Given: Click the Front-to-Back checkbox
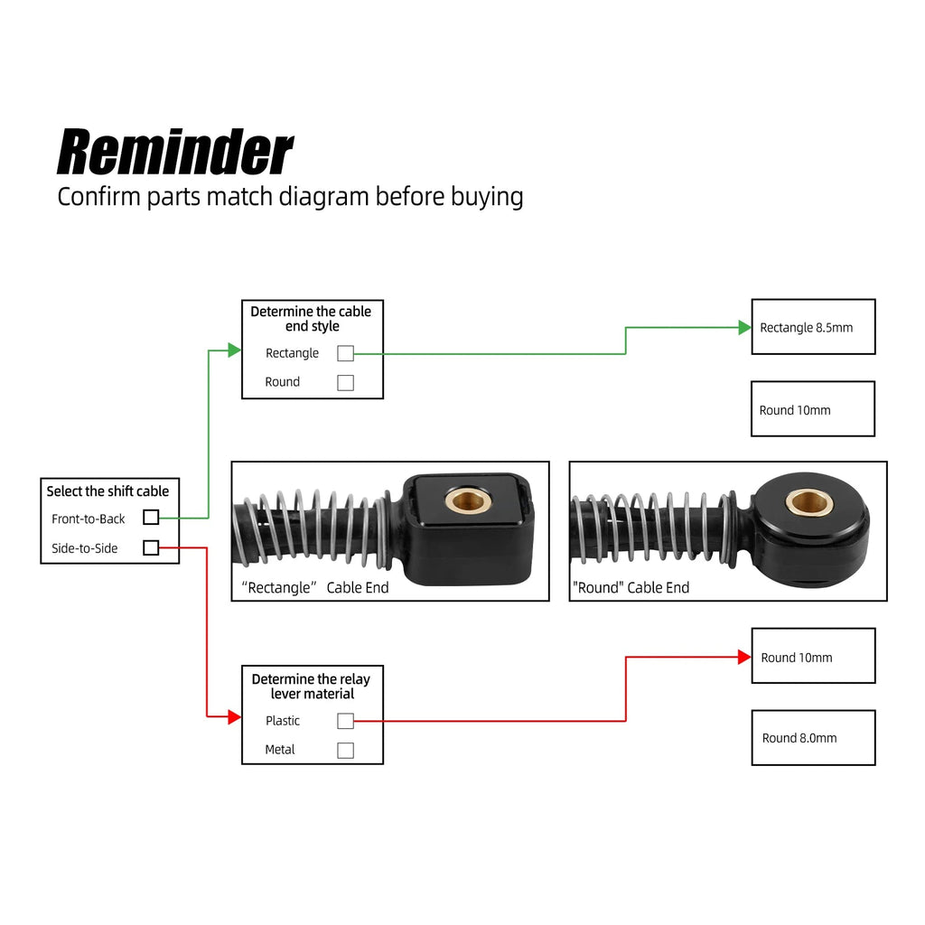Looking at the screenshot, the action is [151, 518].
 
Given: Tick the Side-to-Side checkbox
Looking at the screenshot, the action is [151, 547].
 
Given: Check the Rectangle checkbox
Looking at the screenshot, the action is [346, 353].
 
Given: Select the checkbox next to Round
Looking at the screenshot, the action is [346, 383].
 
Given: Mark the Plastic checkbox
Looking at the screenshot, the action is [346, 721].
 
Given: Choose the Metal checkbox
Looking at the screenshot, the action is [346, 751].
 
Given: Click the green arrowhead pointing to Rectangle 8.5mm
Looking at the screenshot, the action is [744, 327].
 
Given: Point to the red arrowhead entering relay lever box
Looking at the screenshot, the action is [234, 716].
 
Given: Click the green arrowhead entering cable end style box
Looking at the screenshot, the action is [234, 350].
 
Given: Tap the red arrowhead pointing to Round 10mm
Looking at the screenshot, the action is [744, 657].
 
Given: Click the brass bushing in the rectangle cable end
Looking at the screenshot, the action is [469, 500].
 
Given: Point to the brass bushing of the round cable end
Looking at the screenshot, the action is [809, 502].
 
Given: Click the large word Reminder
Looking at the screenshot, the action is [174, 152].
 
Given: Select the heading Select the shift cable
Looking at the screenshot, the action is [108, 491].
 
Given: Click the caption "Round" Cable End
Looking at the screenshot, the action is [631, 587].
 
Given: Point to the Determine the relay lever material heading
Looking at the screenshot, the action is [312, 687].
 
